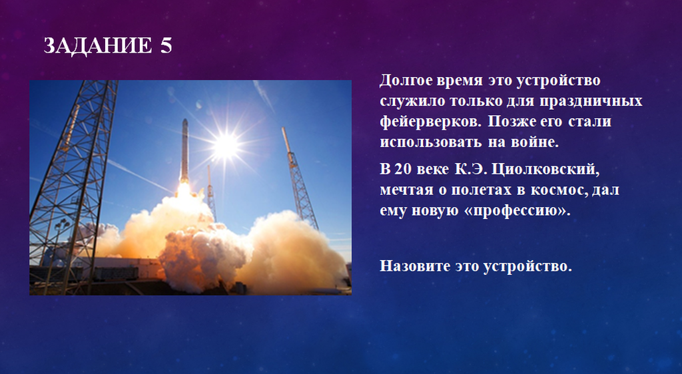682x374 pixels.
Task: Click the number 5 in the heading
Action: [x=166, y=46]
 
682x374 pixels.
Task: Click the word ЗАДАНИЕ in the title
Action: [x=98, y=46]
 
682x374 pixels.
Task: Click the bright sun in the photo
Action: [x=226, y=146]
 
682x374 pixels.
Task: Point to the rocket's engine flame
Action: [x=184, y=190]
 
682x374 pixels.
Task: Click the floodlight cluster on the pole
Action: [x=63, y=225]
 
